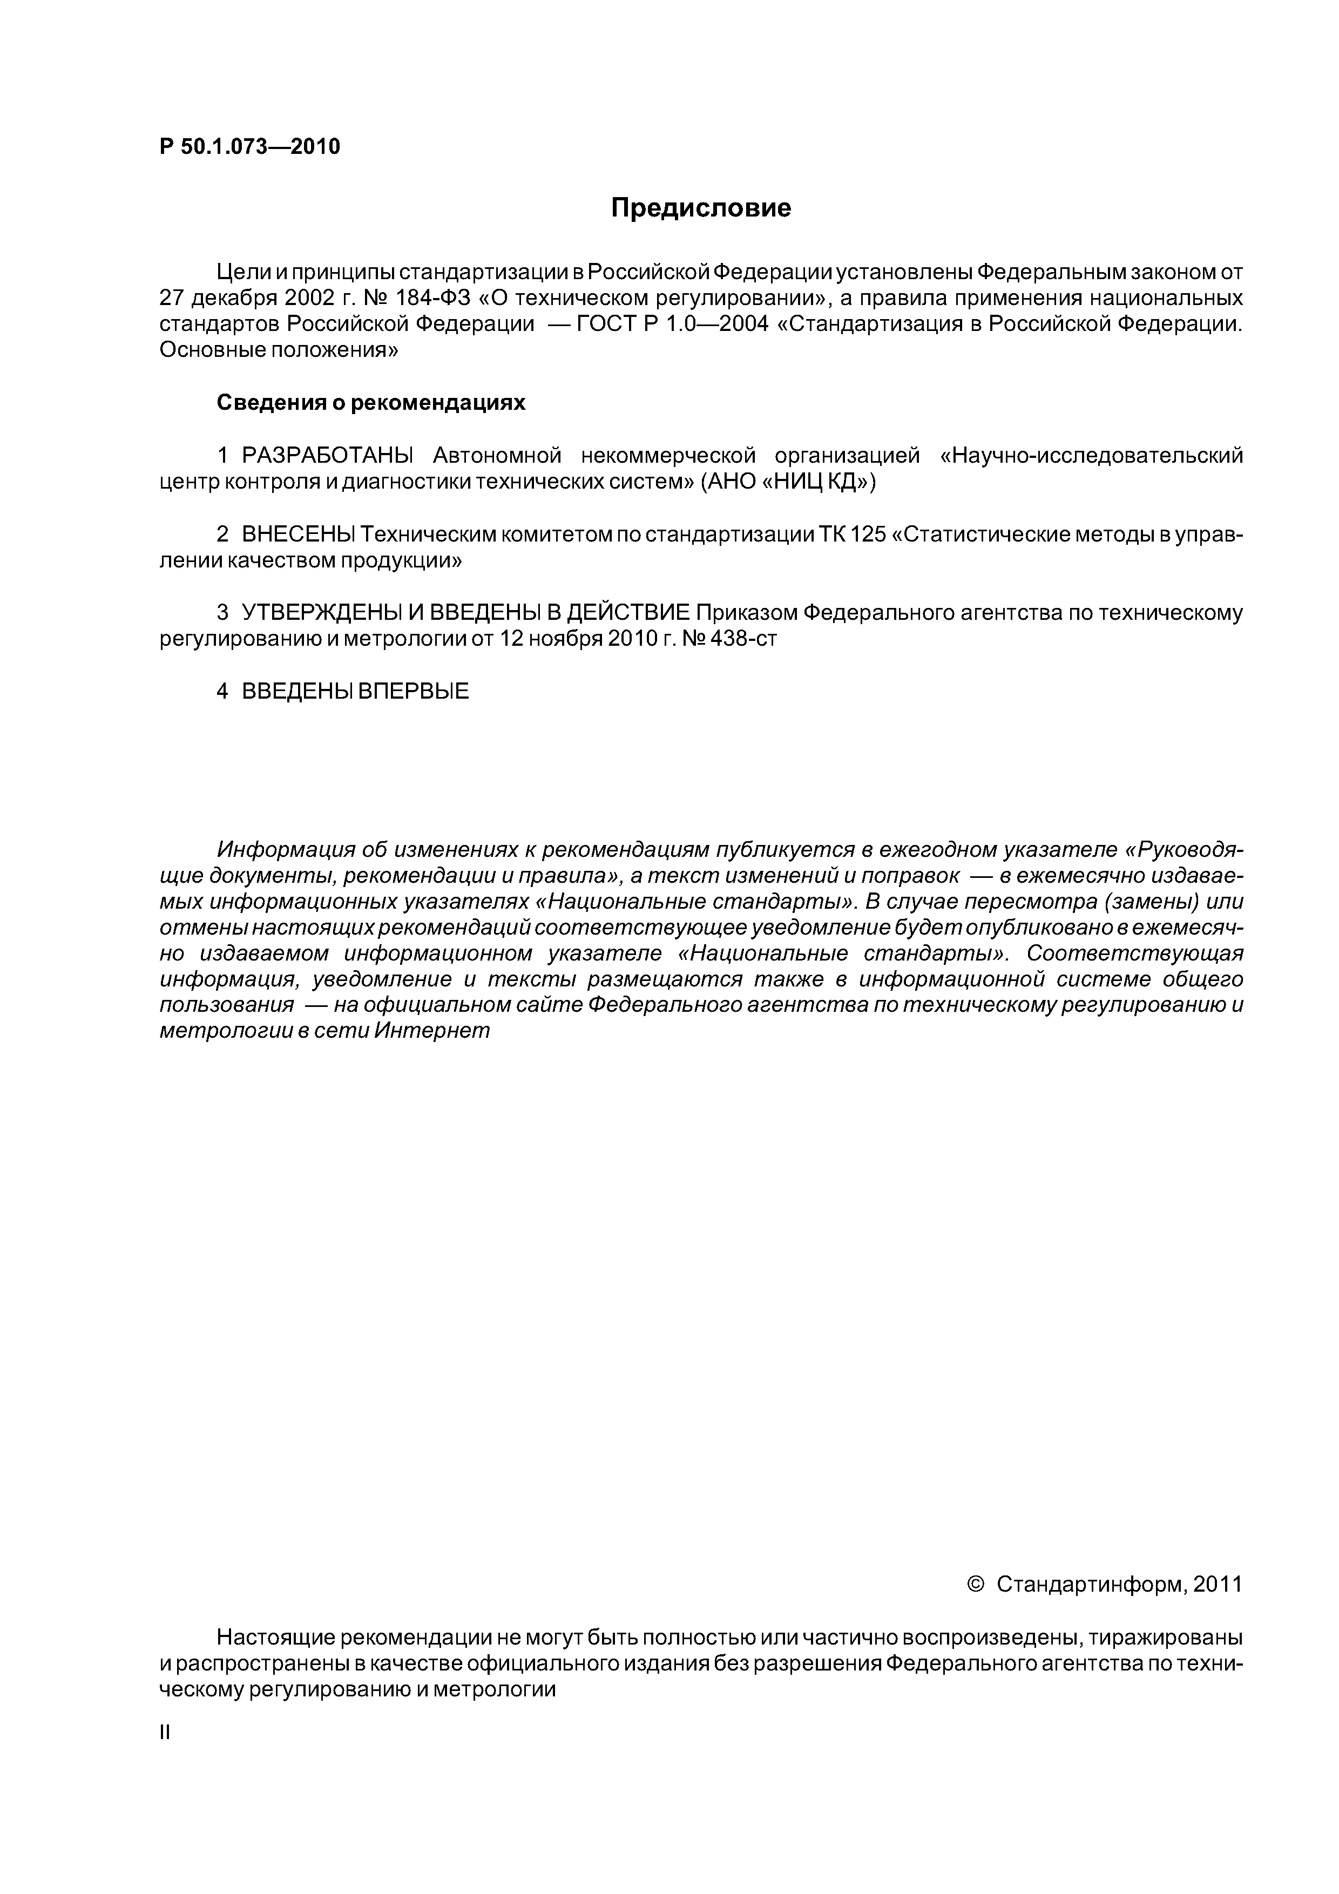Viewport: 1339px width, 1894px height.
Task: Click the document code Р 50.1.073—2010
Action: pyautogui.click(x=249, y=147)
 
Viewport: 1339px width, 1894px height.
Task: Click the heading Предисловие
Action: pyautogui.click(x=700, y=208)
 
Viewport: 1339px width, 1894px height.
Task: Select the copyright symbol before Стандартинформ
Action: pyautogui.click(x=975, y=1585)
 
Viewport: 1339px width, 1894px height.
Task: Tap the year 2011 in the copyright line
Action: pyautogui.click(x=1217, y=1585)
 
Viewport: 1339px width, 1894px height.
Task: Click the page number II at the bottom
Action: pyautogui.click(x=164, y=1733)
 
